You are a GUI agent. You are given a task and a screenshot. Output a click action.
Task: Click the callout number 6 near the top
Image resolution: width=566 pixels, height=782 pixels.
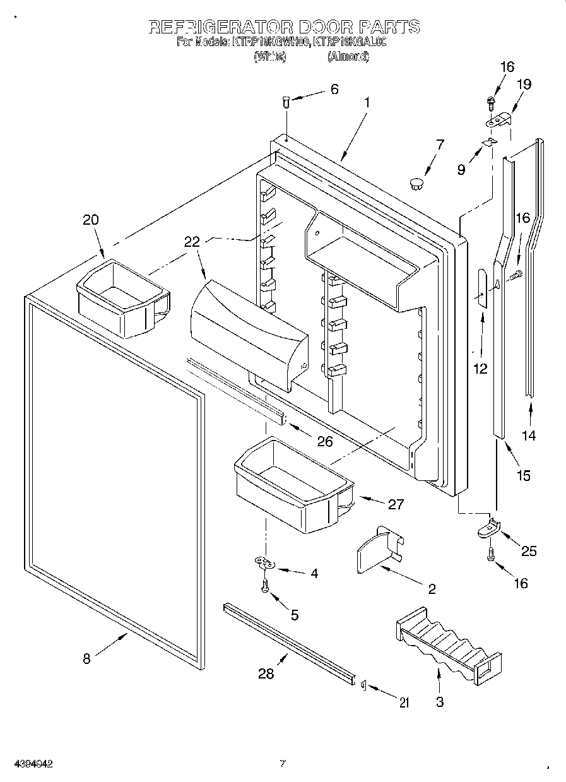tap(334, 89)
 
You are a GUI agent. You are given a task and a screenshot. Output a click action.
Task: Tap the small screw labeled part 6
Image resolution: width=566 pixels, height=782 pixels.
tap(286, 101)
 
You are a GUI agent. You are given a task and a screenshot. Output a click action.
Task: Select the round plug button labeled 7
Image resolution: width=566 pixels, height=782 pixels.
tap(415, 183)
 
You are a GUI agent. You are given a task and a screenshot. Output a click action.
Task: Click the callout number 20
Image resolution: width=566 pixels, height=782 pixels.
tap(91, 220)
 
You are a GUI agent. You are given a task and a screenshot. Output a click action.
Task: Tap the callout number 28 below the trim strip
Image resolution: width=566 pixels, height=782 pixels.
tap(266, 674)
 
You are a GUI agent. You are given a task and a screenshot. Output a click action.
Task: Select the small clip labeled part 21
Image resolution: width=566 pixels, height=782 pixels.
tap(364, 686)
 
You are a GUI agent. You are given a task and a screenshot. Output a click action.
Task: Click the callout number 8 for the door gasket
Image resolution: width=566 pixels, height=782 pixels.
tap(86, 659)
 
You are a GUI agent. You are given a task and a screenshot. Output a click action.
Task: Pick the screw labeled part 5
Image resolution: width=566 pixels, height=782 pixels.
tap(265, 586)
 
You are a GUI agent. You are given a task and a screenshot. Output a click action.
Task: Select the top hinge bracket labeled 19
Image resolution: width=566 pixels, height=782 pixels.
tap(500, 119)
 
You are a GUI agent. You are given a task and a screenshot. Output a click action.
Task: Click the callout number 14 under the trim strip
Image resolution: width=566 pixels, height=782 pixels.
tap(529, 435)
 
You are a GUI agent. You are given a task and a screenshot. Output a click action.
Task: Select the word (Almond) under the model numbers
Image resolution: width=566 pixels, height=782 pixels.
tap(348, 57)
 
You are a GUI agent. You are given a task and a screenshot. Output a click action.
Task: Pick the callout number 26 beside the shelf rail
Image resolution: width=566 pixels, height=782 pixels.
tap(324, 441)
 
